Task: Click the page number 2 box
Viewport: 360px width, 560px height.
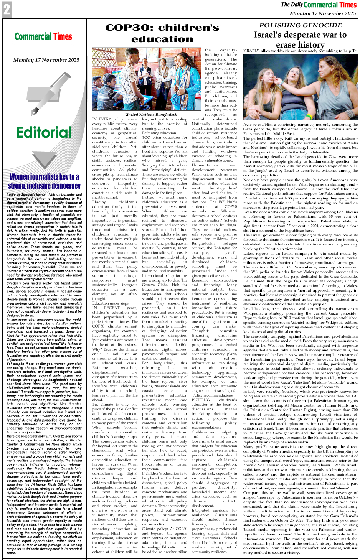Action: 7,10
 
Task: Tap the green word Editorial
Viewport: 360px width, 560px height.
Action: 44,133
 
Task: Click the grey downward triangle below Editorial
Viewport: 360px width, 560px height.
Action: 44,158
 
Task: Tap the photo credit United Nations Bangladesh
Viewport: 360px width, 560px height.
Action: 150,114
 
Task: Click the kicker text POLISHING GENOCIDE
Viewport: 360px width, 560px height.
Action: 300,25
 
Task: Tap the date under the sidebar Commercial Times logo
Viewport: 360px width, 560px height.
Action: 46,60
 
